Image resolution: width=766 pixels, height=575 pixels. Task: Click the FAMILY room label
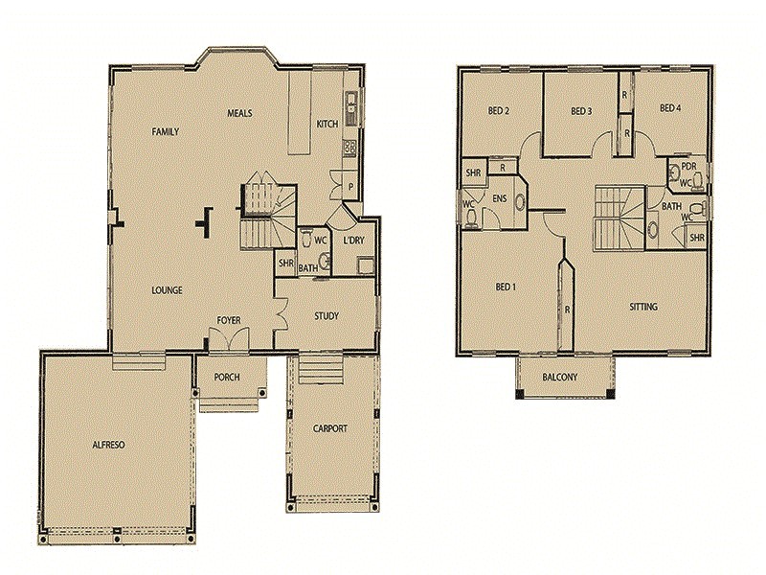pyautogui.click(x=166, y=131)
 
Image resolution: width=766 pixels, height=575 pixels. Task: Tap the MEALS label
pyautogui.click(x=239, y=113)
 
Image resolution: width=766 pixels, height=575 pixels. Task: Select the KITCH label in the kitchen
pyautogui.click(x=327, y=124)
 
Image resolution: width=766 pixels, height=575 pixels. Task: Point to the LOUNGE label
pyautogui.click(x=167, y=289)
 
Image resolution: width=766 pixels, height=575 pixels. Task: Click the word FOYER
pyautogui.click(x=228, y=320)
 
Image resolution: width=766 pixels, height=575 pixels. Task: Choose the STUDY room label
pyautogui.click(x=327, y=315)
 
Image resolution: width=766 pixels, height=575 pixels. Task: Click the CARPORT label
pyautogui.click(x=329, y=428)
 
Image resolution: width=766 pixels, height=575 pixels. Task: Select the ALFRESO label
pyautogui.click(x=110, y=446)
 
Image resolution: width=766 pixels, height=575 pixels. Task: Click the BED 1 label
pyautogui.click(x=506, y=287)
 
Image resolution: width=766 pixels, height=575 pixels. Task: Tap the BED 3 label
pyautogui.click(x=581, y=111)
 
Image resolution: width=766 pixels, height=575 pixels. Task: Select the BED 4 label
pyautogui.click(x=670, y=108)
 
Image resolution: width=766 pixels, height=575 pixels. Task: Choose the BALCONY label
pyautogui.click(x=560, y=377)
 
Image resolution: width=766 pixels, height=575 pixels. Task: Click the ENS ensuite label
pyautogui.click(x=499, y=198)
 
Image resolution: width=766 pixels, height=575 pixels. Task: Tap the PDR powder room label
pyautogui.click(x=687, y=165)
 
